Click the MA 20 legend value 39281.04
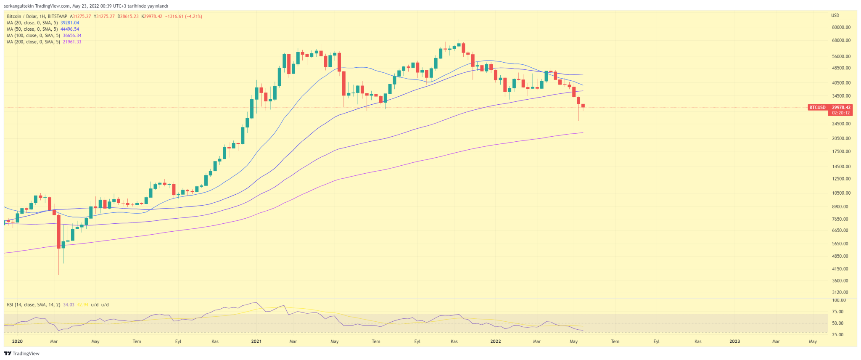tap(70, 23)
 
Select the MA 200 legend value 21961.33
tap(72, 42)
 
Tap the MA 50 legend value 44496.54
tap(70, 29)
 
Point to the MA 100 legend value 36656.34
tap(72, 36)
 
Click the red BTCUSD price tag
tap(817, 107)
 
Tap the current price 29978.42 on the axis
tap(841, 107)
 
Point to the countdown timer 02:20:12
tap(841, 113)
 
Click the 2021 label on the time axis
tap(256, 341)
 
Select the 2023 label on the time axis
tap(734, 341)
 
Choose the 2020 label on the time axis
tap(17, 341)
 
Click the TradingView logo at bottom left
tap(22, 354)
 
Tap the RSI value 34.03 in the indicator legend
tap(69, 304)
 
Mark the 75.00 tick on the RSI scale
tap(838, 312)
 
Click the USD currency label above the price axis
tap(835, 16)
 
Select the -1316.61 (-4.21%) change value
tap(184, 16)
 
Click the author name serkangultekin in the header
tap(18, 6)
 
